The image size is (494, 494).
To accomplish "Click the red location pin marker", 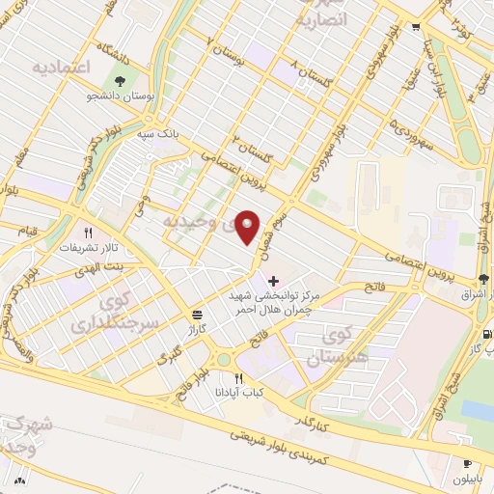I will [248, 227].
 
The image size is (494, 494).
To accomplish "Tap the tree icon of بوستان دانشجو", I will [121, 82].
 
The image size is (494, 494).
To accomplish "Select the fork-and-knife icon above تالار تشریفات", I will [88, 233].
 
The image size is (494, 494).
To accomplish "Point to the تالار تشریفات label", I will [82, 248].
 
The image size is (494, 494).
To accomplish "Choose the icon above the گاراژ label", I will [198, 315].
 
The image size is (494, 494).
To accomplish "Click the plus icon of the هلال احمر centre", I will [273, 280].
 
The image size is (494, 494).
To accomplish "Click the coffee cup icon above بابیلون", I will [467, 463].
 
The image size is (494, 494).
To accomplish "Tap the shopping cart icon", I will [416, 26].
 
